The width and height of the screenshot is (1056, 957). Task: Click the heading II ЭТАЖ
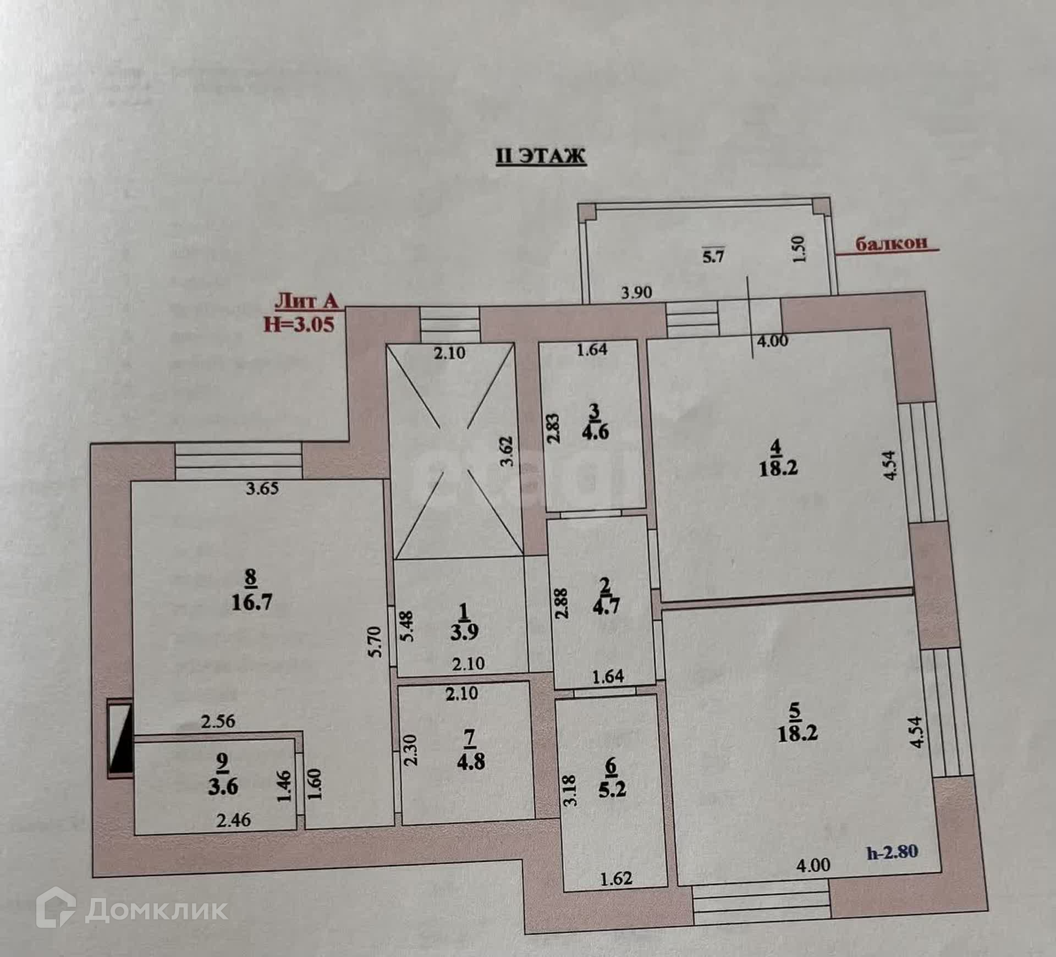[541, 156]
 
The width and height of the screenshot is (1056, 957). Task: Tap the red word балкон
[891, 243]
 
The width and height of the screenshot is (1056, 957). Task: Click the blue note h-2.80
[892, 852]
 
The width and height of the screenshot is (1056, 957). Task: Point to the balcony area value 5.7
[713, 256]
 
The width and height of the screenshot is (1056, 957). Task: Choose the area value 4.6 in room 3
[595, 431]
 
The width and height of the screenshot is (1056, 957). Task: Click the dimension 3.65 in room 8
[262, 488]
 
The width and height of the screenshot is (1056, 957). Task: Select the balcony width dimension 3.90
[636, 292]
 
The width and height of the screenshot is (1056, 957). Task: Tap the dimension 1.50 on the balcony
[800, 249]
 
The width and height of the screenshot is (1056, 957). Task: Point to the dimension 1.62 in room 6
[616, 879]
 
